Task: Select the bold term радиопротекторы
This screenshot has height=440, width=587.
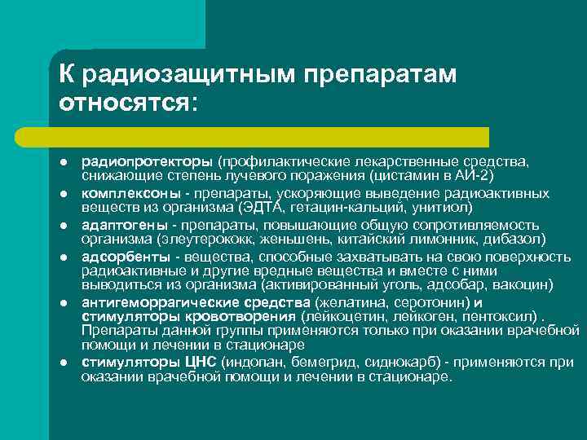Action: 136,161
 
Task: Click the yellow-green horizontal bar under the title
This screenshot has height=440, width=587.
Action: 269,136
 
